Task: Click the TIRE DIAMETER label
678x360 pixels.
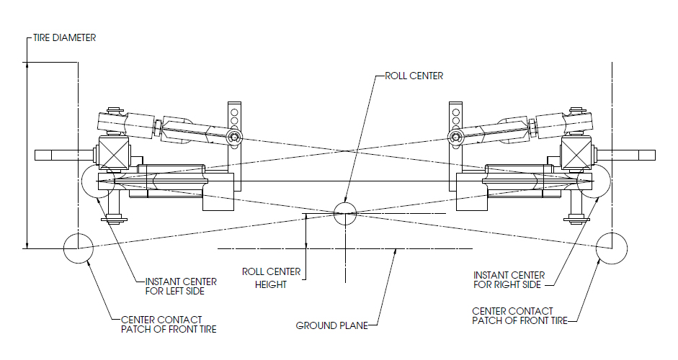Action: coord(65,38)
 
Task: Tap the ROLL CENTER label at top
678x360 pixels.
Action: coord(414,75)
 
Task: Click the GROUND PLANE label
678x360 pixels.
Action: coord(326,325)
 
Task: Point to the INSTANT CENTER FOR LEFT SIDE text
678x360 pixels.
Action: coord(175,286)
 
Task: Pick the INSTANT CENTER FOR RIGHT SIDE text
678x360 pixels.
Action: coord(509,281)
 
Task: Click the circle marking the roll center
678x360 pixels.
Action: coord(346,210)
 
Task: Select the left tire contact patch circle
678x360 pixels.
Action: coord(77,248)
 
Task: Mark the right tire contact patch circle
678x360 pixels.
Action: coord(612,248)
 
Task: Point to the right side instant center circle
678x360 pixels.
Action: coord(594,182)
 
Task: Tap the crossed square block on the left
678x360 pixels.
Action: coord(111,154)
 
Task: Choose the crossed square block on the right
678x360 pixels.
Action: coord(578,154)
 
